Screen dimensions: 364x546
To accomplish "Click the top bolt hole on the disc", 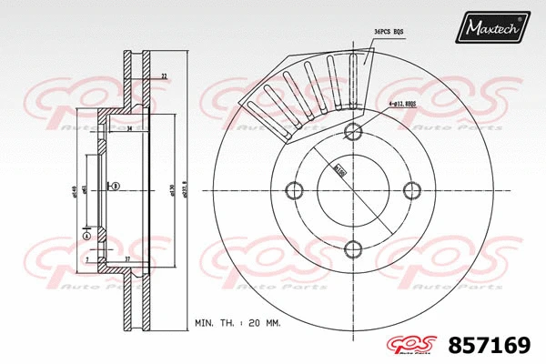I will [x=352, y=129].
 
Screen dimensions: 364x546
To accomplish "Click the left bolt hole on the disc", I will [x=293, y=189].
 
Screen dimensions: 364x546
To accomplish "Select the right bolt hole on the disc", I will [x=412, y=189].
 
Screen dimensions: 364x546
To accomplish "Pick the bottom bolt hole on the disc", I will [x=352, y=248].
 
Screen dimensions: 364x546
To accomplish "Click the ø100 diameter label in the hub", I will [x=339, y=169].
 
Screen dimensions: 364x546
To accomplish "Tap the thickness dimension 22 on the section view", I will [x=164, y=76].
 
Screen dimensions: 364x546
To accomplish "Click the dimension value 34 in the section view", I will [x=130, y=129].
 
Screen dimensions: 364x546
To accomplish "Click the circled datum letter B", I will [x=116, y=187].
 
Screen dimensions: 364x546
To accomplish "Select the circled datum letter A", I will [x=86, y=235].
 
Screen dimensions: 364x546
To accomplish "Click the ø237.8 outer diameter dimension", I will [x=184, y=189].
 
